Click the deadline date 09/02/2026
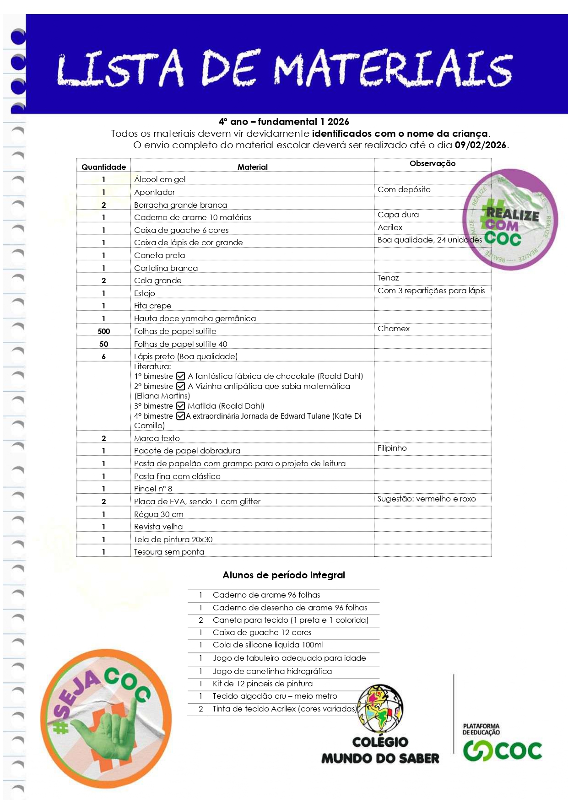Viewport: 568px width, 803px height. coord(480,145)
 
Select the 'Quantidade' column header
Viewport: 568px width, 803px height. coord(103,167)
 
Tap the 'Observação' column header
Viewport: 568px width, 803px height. coord(432,163)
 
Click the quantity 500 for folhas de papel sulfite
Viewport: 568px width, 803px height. coord(103,331)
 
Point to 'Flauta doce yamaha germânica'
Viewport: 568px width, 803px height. coord(195,318)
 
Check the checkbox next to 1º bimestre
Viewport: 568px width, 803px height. coord(181,376)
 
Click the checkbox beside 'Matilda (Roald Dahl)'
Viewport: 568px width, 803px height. coord(181,406)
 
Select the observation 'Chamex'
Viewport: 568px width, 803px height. coord(393,329)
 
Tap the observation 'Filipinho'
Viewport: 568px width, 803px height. coord(392,448)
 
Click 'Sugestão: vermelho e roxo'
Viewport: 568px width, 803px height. coord(426,499)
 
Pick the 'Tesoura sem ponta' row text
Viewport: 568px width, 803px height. coord(169,552)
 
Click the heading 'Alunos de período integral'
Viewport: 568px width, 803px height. coord(284,575)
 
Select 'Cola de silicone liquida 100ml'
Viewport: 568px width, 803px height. coord(267,645)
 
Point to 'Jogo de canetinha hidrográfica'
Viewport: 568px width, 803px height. coord(272,671)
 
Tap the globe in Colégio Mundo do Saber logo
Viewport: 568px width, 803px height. coord(380,709)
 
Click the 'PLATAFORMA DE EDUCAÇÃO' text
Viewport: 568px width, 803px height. coord(481,729)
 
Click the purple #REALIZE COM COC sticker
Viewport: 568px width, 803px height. coord(510,220)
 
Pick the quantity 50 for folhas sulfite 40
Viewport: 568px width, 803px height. coord(103,344)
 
